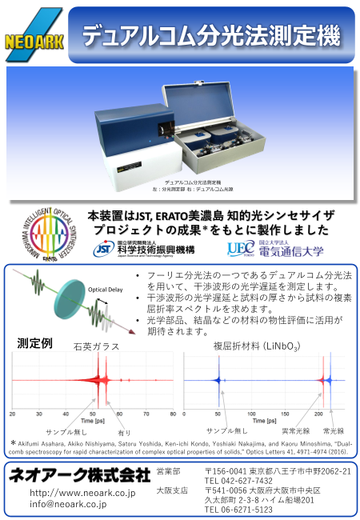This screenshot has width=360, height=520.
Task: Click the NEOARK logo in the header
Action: coord(33,35)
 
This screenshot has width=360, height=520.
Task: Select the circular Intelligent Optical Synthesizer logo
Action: coord(50,235)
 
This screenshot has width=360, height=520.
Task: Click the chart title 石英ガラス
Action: coord(96,346)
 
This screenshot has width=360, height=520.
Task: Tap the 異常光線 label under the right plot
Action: coord(296,430)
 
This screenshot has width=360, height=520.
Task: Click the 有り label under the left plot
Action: coord(124,432)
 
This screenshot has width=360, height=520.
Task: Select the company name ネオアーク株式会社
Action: coord(80,474)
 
